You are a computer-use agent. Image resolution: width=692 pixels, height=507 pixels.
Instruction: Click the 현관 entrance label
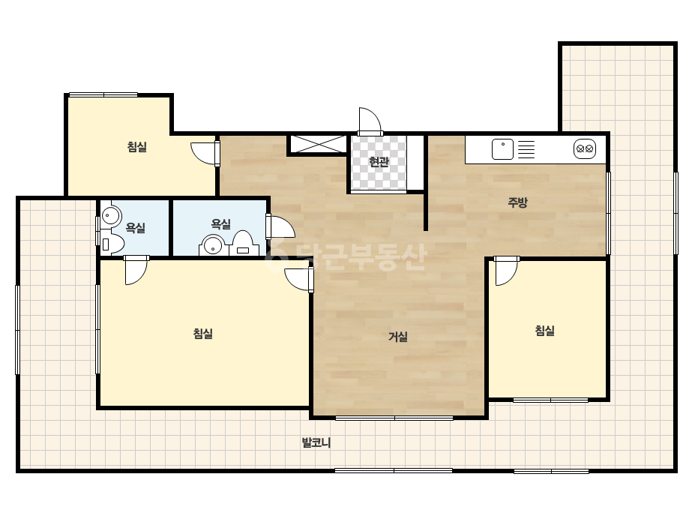pyautogui.click(x=379, y=162)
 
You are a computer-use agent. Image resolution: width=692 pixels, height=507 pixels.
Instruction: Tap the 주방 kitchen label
pyautogui.click(x=517, y=202)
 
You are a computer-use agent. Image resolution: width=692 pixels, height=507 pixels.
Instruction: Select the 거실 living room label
pyautogui.click(x=397, y=337)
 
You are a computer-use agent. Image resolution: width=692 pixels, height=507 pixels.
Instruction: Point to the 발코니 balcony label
pyautogui.click(x=316, y=442)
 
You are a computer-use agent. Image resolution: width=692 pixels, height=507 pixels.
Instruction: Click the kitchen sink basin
pyautogui.click(x=502, y=149)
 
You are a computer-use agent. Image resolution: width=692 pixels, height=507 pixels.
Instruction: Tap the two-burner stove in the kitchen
pyautogui.click(x=585, y=148)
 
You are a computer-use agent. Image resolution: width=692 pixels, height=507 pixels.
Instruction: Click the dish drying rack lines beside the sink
pyautogui.click(x=526, y=149)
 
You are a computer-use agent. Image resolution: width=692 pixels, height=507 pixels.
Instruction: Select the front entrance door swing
pyautogui.click(x=370, y=121)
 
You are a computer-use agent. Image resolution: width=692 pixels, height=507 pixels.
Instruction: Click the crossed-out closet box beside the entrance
pyautogui.click(x=318, y=145)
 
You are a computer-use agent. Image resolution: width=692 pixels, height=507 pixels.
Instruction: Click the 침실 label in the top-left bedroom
pyautogui.click(x=136, y=146)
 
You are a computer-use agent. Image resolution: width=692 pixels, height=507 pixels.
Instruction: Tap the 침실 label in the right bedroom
pyautogui.click(x=544, y=330)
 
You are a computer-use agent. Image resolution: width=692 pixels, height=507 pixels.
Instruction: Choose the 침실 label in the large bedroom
pyautogui.click(x=203, y=334)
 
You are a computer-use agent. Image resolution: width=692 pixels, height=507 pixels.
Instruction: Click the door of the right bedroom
pyautogui.click(x=506, y=271)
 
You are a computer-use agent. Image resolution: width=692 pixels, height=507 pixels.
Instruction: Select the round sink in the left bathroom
pyautogui.click(x=111, y=216)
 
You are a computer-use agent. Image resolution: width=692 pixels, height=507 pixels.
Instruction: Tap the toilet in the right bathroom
pyautogui.click(x=242, y=244)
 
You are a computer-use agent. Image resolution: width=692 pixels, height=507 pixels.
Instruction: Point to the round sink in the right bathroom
pyautogui.click(x=213, y=245)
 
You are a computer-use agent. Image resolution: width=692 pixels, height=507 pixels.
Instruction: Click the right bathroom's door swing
pyautogui.click(x=280, y=227)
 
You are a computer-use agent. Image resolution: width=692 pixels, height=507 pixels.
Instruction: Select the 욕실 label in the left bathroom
pyautogui.click(x=135, y=228)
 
